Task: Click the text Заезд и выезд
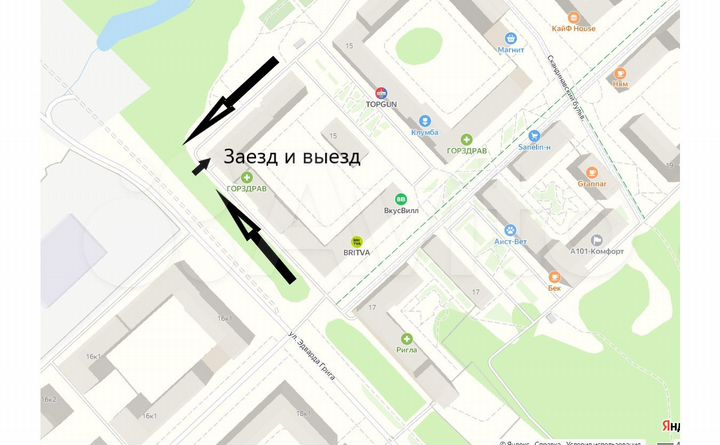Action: coord(291,157)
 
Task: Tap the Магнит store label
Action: coord(511,48)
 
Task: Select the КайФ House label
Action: coord(573,28)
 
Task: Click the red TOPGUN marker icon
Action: coord(381,92)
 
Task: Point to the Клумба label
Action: coord(424,132)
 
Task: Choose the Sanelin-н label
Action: coord(535,147)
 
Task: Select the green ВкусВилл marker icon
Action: coord(401,199)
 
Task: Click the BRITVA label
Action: coord(356,254)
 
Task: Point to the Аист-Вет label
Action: coord(510,241)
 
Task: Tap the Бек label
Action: coord(554,287)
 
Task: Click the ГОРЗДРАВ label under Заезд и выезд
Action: coord(246,188)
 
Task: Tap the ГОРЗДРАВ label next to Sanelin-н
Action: coord(466,151)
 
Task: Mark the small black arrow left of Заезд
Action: coord(200,166)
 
